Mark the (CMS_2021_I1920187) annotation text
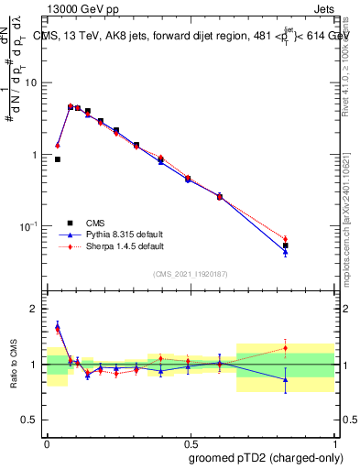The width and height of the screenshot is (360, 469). point(190,274)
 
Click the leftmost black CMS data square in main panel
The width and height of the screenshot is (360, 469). point(58,159)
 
